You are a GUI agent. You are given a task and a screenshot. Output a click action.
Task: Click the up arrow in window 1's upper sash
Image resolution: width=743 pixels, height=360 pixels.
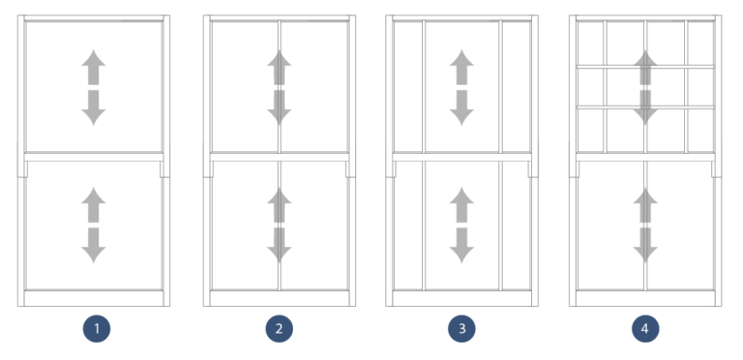tap(94, 68)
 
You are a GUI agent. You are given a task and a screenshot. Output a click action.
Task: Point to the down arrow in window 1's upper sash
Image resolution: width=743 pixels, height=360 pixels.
tap(94, 107)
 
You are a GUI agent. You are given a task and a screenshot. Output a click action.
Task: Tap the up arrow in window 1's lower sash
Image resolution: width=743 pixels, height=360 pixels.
tap(94, 205)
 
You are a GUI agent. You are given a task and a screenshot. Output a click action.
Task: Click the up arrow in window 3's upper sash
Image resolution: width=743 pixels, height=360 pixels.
tap(461, 68)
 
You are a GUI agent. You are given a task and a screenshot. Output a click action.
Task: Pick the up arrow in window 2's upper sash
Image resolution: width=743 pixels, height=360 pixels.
tap(279, 68)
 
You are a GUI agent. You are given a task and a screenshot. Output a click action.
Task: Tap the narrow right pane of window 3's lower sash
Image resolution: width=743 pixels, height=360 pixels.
tap(516, 224)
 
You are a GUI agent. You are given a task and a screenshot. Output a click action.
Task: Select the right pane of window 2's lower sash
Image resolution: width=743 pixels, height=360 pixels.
tap(314, 224)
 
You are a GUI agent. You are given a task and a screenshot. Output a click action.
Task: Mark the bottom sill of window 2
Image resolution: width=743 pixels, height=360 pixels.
tap(279, 298)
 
